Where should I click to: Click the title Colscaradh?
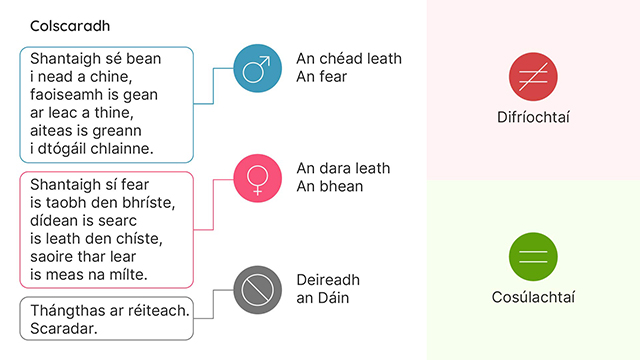click(71, 26)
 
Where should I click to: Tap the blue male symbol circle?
click(256, 69)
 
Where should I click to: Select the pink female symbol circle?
click(256, 178)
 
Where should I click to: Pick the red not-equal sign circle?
click(532, 76)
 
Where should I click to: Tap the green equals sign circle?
click(532, 255)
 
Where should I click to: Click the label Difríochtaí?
click(532, 118)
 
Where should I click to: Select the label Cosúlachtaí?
click(532, 297)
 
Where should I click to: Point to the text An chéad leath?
click(349, 59)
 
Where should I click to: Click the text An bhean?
click(329, 186)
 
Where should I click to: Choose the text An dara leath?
click(343, 168)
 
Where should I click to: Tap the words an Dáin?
click(323, 298)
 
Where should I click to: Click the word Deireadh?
click(328, 280)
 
